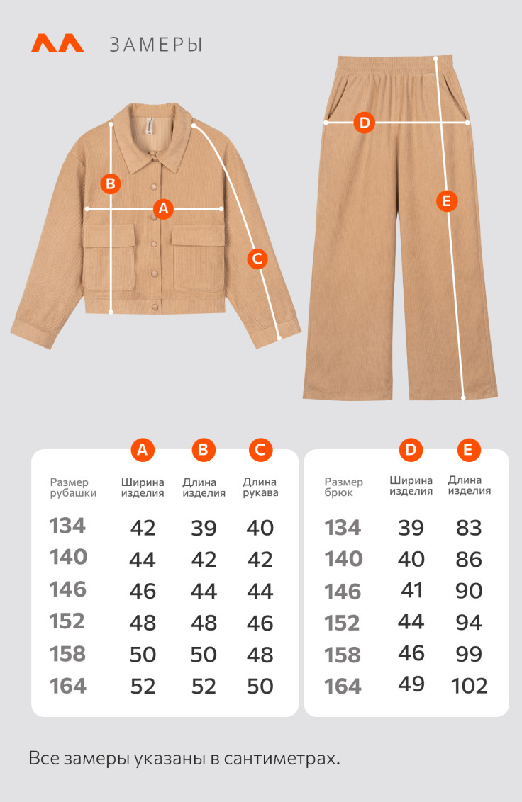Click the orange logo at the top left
pos(57,43)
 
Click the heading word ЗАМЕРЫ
pos(156,45)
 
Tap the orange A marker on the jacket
pos(163,208)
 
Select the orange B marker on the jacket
pos(111,183)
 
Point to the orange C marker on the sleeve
pos(257,259)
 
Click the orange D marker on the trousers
pos(365,123)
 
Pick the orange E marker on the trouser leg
pos(447,201)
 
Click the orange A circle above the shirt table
pos(143,450)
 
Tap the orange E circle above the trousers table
pos(467,450)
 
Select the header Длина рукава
pos(260,487)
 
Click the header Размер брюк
pos(344,487)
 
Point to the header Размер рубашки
pos(73,487)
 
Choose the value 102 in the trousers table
pos(470,686)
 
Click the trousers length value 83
pos(469,528)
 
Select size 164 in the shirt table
pos(68,686)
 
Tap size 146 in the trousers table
pos(343,592)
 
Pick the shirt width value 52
pos(143,687)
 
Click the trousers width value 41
pos(411,590)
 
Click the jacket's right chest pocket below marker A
pos(198,258)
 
